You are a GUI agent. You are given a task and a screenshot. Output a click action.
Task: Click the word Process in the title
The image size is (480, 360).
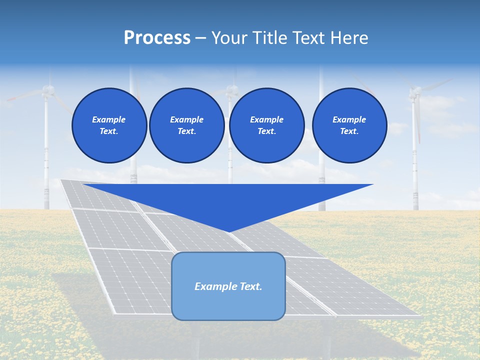pos(157,38)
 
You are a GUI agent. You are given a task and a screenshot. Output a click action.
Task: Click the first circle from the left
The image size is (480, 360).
pos(109,125)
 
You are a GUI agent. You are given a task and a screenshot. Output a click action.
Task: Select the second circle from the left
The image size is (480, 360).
pos(187,125)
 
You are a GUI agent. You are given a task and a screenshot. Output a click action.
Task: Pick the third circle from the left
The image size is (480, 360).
pos(267,125)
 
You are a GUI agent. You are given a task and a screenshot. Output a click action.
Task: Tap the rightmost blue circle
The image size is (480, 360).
pos(349,125)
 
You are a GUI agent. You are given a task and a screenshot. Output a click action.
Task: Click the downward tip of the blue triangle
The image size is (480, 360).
pos(228,232)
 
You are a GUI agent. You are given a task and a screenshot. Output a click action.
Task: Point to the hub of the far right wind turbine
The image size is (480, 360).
pos(414,92)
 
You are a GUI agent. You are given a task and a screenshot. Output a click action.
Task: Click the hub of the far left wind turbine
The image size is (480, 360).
pos(47,90)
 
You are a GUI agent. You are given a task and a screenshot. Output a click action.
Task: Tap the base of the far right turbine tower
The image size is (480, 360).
pos(415,208)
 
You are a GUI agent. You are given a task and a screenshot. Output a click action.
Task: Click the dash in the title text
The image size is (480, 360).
pos(200,38)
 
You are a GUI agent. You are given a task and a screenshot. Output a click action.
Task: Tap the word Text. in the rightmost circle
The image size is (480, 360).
pos(349,131)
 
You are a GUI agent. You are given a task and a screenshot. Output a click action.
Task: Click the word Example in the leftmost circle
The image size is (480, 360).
pos(109,119)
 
